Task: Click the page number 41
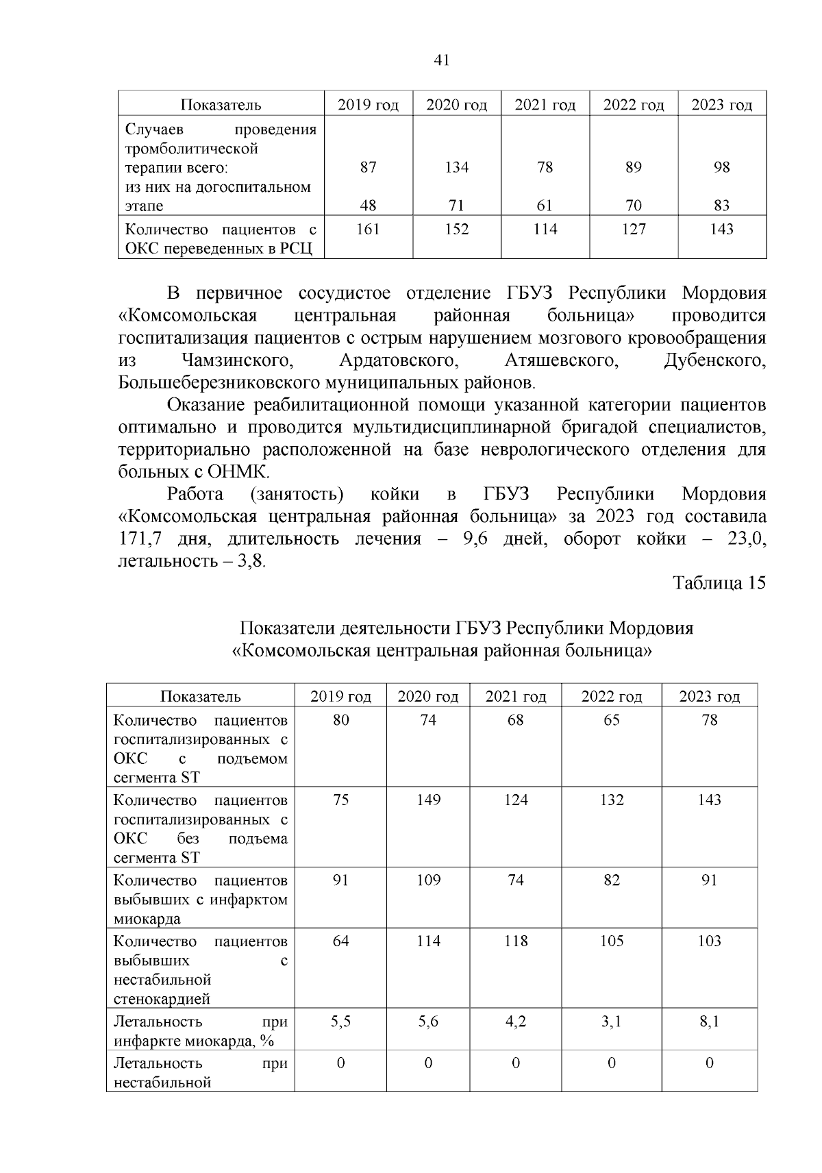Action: [442, 60]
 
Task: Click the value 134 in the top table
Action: [456, 167]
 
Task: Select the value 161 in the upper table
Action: [368, 230]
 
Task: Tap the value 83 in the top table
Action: [721, 206]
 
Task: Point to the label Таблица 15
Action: [719, 583]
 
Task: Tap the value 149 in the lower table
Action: [428, 800]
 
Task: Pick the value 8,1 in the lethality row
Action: [709, 1022]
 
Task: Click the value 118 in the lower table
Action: [516, 941]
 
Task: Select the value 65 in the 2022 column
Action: [611, 720]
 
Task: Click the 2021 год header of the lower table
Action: [516, 697]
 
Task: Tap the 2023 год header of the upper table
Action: [721, 105]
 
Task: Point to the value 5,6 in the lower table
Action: [428, 1022]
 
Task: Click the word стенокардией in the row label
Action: [162, 999]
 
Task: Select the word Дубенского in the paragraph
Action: [714, 360]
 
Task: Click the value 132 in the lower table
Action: [611, 800]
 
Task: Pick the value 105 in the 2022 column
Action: [611, 941]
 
